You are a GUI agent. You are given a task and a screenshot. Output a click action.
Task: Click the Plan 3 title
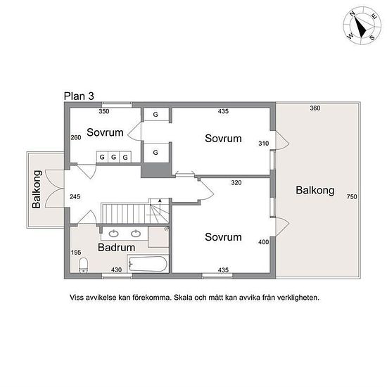pyautogui.click(x=79, y=96)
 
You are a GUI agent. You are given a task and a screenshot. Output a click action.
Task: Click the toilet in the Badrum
pyautogui.click(x=83, y=265)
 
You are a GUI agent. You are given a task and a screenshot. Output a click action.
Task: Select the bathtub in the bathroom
pyautogui.click(x=148, y=264)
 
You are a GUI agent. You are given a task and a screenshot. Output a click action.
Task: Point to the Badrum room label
pyautogui.click(x=117, y=247)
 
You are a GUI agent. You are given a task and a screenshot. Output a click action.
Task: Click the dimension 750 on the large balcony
pyautogui.click(x=352, y=197)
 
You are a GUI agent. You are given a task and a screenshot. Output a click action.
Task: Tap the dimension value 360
pyautogui.click(x=315, y=108)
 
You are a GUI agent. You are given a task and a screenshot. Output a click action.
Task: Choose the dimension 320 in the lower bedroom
pyautogui.click(x=236, y=183)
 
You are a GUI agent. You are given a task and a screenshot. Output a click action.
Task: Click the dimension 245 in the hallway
pyautogui.click(x=75, y=197)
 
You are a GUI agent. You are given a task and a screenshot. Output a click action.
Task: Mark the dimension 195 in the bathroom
pyautogui.click(x=76, y=253)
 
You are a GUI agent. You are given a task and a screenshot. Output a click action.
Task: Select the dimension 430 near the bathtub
pyautogui.click(x=116, y=269)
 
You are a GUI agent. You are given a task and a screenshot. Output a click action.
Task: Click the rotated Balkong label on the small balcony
pyautogui.click(x=37, y=189)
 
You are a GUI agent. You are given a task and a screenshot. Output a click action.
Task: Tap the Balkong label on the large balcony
pyautogui.click(x=315, y=190)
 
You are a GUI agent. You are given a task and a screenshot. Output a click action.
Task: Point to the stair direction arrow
pyautogui.click(x=160, y=204)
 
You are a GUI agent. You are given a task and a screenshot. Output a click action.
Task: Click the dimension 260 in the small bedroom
pyautogui.click(x=76, y=137)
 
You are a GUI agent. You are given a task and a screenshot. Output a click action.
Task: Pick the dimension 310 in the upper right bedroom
pyautogui.click(x=264, y=144)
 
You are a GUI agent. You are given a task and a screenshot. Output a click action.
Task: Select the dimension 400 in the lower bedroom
pyautogui.click(x=264, y=242)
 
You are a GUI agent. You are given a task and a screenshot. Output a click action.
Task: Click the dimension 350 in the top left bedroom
pyautogui.click(x=104, y=111)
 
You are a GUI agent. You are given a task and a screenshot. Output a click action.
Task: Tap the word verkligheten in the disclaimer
pyautogui.click(x=298, y=298)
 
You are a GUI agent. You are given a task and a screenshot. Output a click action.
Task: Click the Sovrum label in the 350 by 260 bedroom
pyautogui.click(x=105, y=132)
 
